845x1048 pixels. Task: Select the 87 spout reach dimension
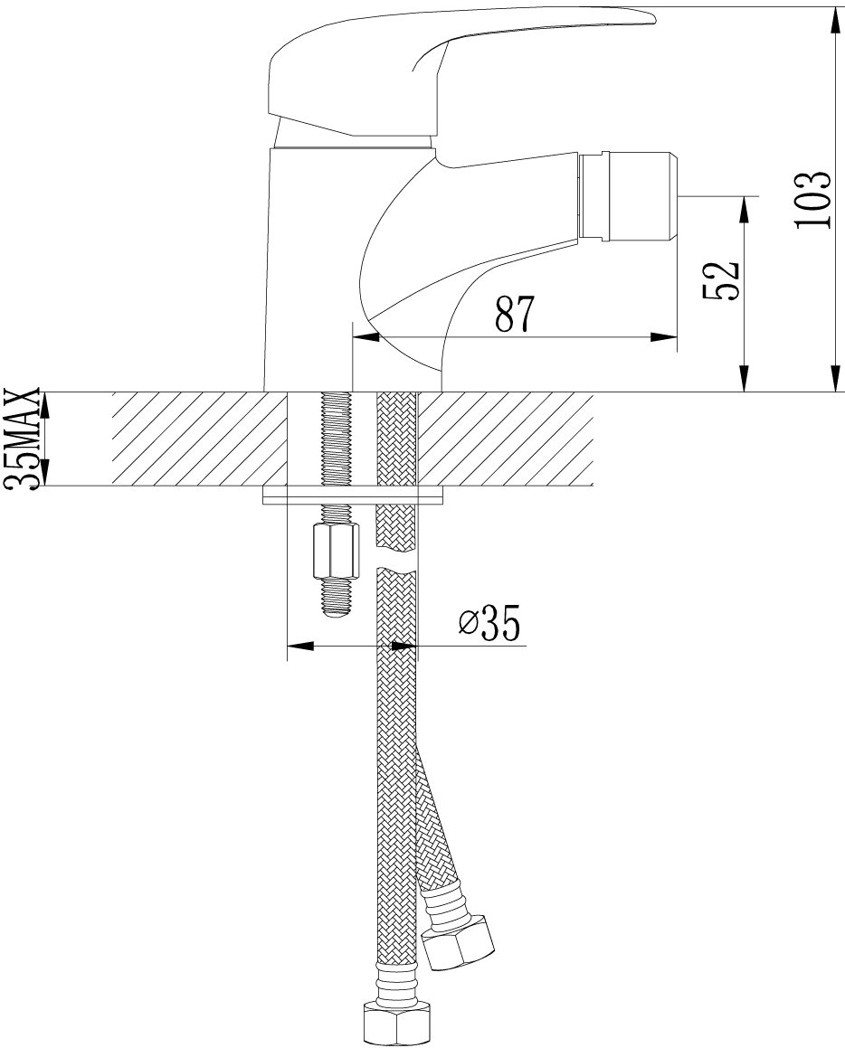pos(516,314)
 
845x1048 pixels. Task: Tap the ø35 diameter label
pos(489,624)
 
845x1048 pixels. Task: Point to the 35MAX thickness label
pos(22,439)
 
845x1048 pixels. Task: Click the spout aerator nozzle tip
pos(629,196)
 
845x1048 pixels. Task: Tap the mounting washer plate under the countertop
pos(353,496)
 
